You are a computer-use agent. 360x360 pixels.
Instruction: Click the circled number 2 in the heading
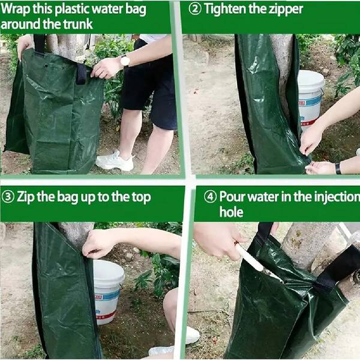tap(195, 9)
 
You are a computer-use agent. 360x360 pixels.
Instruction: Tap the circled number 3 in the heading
tap(8, 197)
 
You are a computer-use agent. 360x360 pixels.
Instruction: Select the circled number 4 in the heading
tap(210, 197)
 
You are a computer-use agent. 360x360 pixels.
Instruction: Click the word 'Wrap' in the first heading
tap(16, 10)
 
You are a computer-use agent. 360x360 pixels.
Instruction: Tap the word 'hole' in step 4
tap(231, 211)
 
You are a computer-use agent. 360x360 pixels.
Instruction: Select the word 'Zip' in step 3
tap(26, 197)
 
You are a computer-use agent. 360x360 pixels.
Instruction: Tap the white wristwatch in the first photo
tap(125, 61)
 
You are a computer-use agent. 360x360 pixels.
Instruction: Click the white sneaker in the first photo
tap(115, 161)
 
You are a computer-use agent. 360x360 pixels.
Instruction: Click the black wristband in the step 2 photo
tap(338, 168)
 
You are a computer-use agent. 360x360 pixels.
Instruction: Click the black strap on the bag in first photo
tap(82, 74)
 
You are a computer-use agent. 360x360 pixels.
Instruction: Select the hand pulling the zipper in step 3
tap(98, 244)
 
